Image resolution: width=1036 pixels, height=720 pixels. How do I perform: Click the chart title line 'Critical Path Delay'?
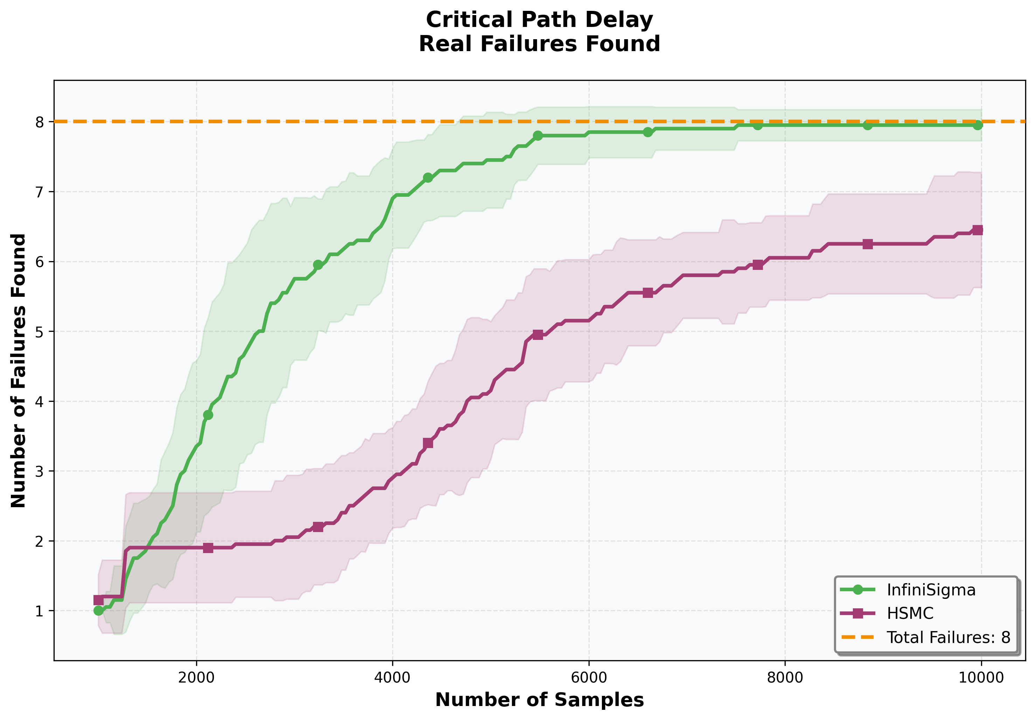[x=539, y=20]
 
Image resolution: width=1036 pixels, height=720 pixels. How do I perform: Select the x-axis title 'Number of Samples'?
[x=539, y=699]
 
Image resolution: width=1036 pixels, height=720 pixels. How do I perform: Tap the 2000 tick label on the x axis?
[x=196, y=678]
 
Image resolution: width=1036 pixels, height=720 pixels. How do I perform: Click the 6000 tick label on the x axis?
[x=589, y=678]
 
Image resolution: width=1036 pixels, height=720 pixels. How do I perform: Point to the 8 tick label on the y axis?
[x=40, y=122]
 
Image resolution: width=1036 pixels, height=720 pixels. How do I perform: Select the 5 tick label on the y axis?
[x=40, y=331]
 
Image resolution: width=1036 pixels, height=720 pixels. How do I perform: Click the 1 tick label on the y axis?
[x=40, y=611]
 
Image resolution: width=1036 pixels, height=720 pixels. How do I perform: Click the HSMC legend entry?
[x=911, y=614]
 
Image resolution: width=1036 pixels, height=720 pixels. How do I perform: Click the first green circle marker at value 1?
[x=98, y=611]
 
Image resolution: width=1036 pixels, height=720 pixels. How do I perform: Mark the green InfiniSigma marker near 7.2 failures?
[x=428, y=178]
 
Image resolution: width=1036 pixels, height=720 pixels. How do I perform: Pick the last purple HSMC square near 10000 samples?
[x=977, y=230]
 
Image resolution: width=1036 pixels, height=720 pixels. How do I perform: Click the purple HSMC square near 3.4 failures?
[x=428, y=443]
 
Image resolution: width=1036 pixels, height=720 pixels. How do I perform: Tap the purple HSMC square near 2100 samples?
[x=208, y=548]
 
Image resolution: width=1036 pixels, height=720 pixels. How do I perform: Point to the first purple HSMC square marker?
[x=98, y=600]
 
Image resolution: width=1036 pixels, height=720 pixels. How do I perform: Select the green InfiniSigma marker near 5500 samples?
[x=538, y=136]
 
